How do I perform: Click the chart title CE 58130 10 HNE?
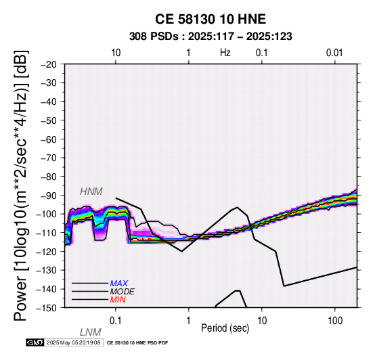(211, 19)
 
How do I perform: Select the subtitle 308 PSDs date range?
(211, 37)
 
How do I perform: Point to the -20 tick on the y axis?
(49, 64)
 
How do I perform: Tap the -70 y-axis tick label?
(49, 158)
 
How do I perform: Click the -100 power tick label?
(47, 215)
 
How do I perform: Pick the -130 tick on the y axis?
(47, 271)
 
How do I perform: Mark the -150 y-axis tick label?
(47, 308)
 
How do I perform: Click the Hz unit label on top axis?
(225, 53)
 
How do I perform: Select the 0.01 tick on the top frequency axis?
(334, 53)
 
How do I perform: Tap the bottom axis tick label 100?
(335, 321)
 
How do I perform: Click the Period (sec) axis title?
(225, 328)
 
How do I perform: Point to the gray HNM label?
(91, 192)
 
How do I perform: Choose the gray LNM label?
(91, 332)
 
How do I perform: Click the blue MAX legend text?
(119, 284)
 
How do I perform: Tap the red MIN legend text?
(118, 300)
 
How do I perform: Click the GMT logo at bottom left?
(35, 342)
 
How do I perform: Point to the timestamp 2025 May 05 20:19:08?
(73, 342)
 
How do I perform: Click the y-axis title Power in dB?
(21, 185)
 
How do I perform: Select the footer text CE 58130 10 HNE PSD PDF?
(137, 343)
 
